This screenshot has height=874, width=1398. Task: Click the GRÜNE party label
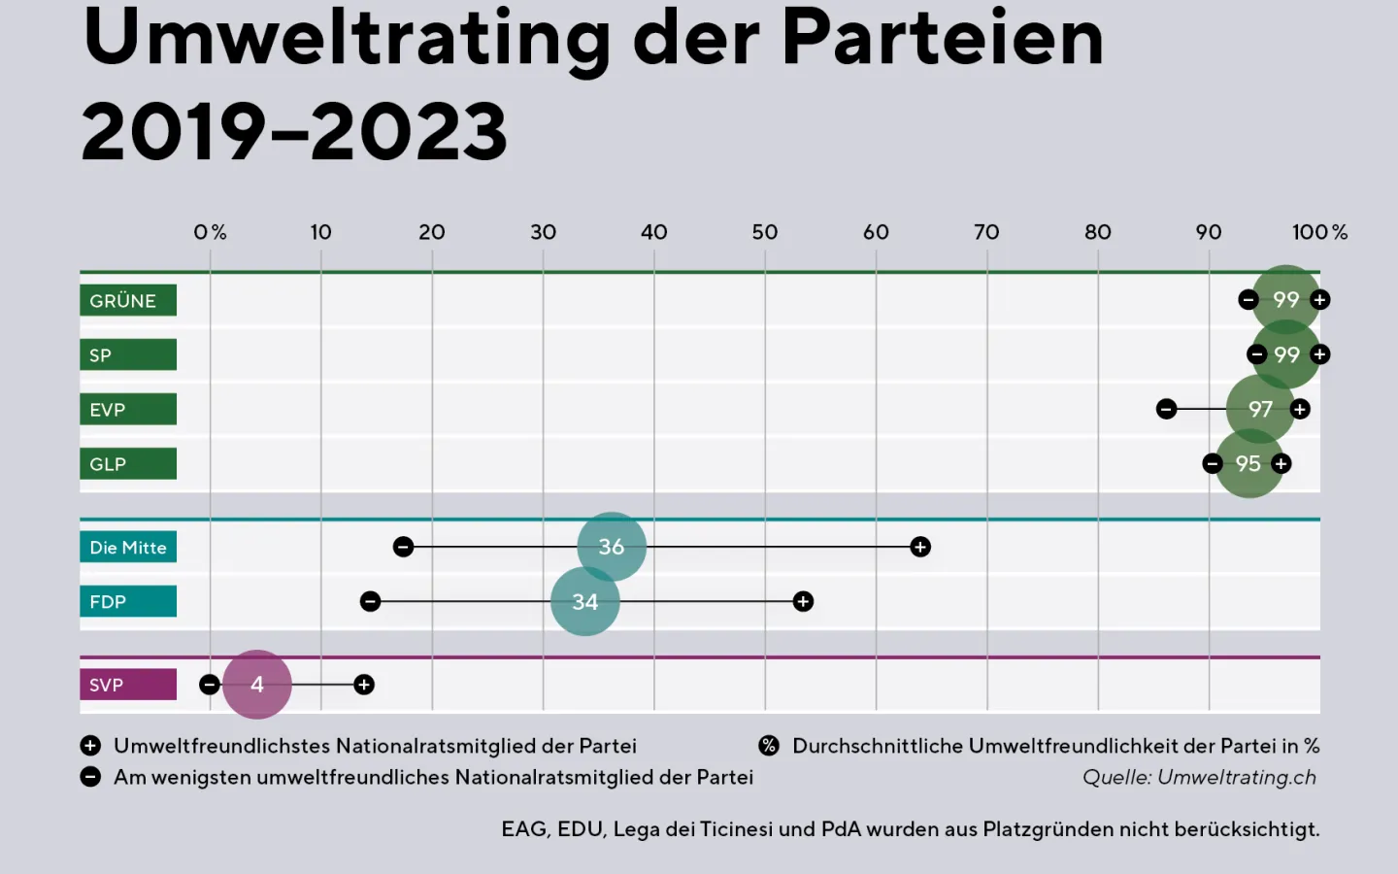pyautogui.click(x=127, y=300)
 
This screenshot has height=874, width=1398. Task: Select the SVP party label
pyautogui.click(x=127, y=685)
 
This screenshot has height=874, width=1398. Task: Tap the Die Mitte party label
pyautogui.click(x=127, y=547)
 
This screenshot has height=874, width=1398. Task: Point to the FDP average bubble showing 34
pyautogui.click(x=584, y=602)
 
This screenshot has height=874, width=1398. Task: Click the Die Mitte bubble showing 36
pyautogui.click(x=612, y=547)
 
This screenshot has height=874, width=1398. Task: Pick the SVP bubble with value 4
pyautogui.click(x=257, y=685)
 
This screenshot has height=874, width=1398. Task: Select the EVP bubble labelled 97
pyautogui.click(x=1260, y=409)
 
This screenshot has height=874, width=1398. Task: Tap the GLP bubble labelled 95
pyautogui.click(x=1248, y=464)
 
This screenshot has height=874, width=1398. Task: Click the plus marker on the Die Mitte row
pyautogui.click(x=920, y=547)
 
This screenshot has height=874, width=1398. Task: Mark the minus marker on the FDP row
pyautogui.click(x=370, y=602)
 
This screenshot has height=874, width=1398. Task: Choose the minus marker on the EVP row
pyautogui.click(x=1166, y=409)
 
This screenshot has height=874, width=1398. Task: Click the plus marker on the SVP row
pyautogui.click(x=364, y=685)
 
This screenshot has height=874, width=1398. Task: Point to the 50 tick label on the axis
pyautogui.click(x=765, y=232)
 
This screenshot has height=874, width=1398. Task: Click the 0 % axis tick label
pyautogui.click(x=210, y=232)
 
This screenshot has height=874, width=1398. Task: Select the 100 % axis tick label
pyautogui.click(x=1319, y=232)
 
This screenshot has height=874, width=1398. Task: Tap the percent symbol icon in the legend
pyautogui.click(x=769, y=746)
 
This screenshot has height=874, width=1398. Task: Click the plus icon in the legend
pyautogui.click(x=90, y=746)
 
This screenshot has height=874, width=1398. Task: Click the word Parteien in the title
pyautogui.click(x=942, y=39)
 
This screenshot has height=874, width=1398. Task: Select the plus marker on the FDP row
pyautogui.click(x=803, y=602)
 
